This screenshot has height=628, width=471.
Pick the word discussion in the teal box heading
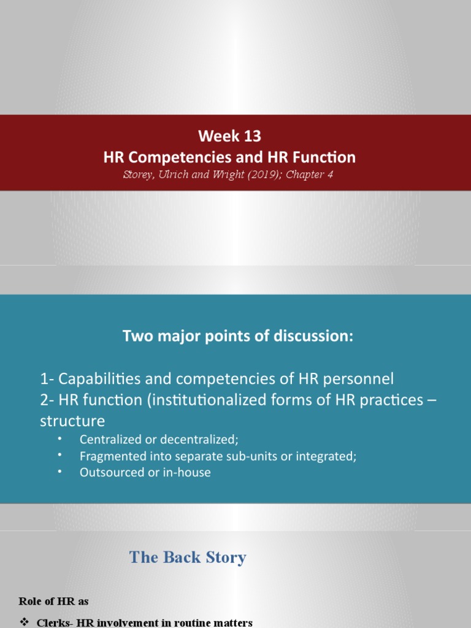(x=316, y=337)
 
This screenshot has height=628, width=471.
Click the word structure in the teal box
(x=72, y=421)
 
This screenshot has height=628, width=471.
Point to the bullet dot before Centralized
(x=59, y=438)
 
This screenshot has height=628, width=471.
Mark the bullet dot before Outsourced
(x=59, y=472)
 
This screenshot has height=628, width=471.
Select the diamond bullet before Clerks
(x=25, y=622)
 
